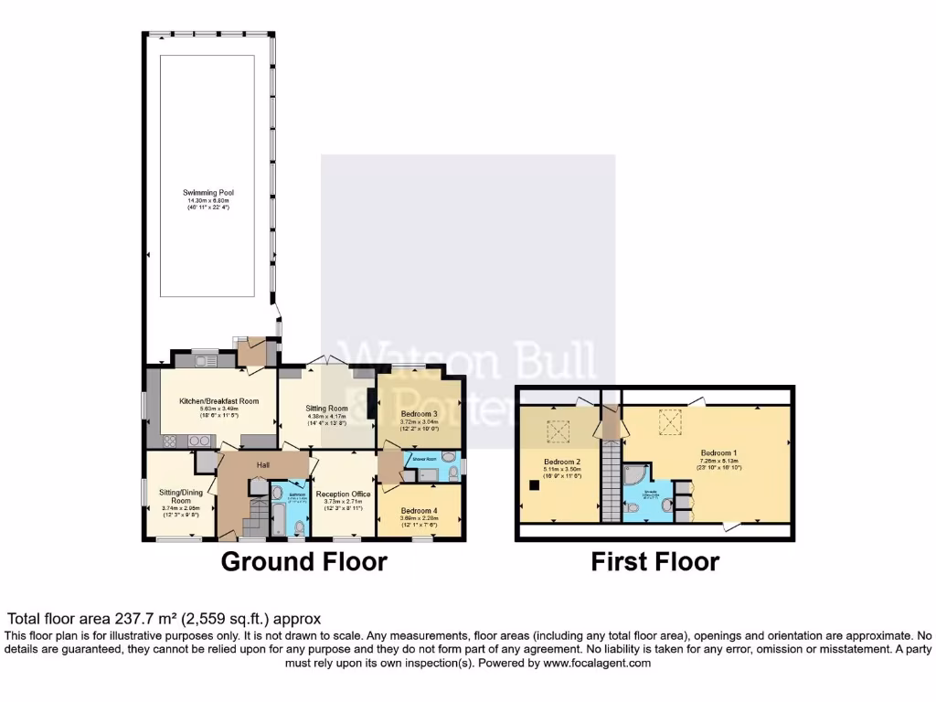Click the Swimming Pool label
pyautogui.click(x=206, y=193)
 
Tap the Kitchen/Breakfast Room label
pyautogui.click(x=218, y=401)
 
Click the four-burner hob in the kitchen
pyautogui.click(x=199, y=441)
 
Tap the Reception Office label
pyautogui.click(x=343, y=494)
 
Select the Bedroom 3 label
pyautogui.click(x=420, y=414)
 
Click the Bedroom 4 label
pyautogui.click(x=420, y=511)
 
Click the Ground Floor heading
pyautogui.click(x=303, y=561)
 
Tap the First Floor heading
pyautogui.click(x=654, y=561)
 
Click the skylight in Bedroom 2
pyautogui.click(x=557, y=429)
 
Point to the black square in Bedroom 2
pyautogui.click(x=531, y=484)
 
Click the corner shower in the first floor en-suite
pyautogui.click(x=634, y=475)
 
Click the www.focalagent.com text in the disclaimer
pyautogui.click(x=599, y=664)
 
